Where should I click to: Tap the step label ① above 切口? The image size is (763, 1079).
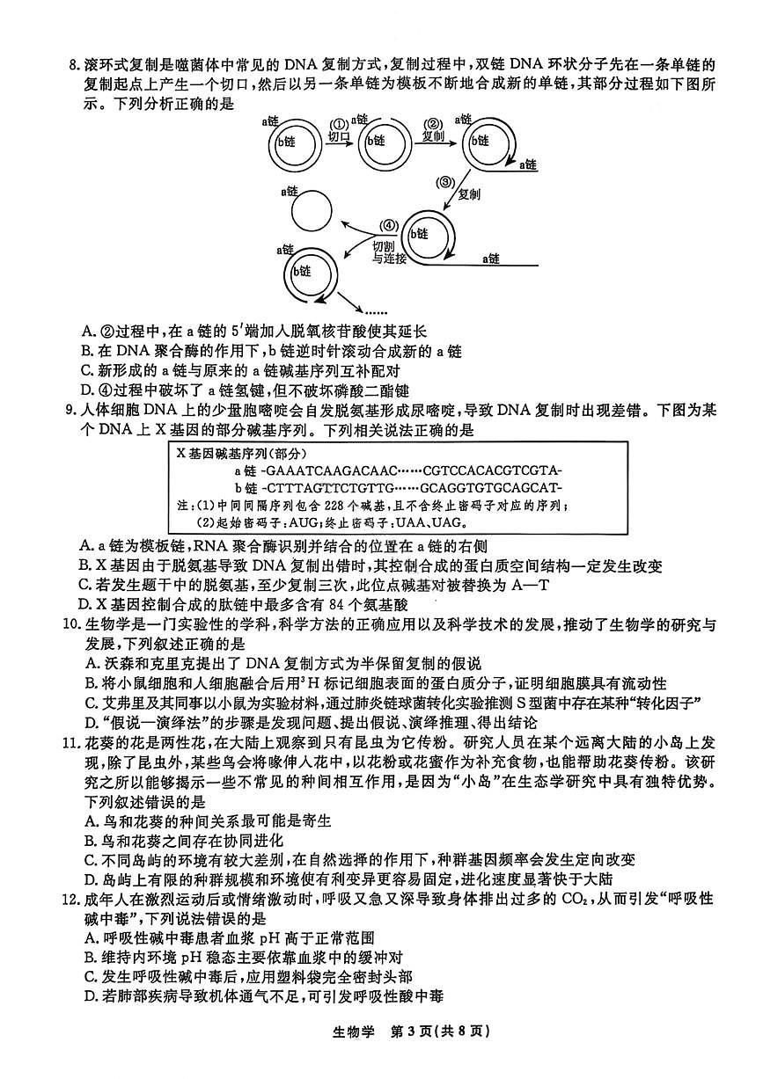pyautogui.click(x=338, y=124)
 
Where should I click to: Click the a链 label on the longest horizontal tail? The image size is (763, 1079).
pyautogui.click(x=490, y=259)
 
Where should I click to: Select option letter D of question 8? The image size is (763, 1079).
pyautogui.click(x=85, y=389)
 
